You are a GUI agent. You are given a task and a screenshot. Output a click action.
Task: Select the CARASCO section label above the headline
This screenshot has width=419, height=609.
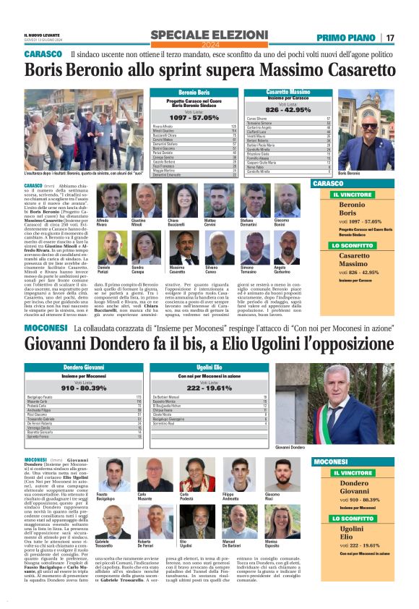coord(43,55)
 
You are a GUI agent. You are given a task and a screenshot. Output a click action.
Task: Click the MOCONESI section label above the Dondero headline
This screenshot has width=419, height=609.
coord(46,328)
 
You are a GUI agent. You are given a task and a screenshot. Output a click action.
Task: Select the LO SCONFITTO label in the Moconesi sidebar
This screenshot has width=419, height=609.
coord(353,519)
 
